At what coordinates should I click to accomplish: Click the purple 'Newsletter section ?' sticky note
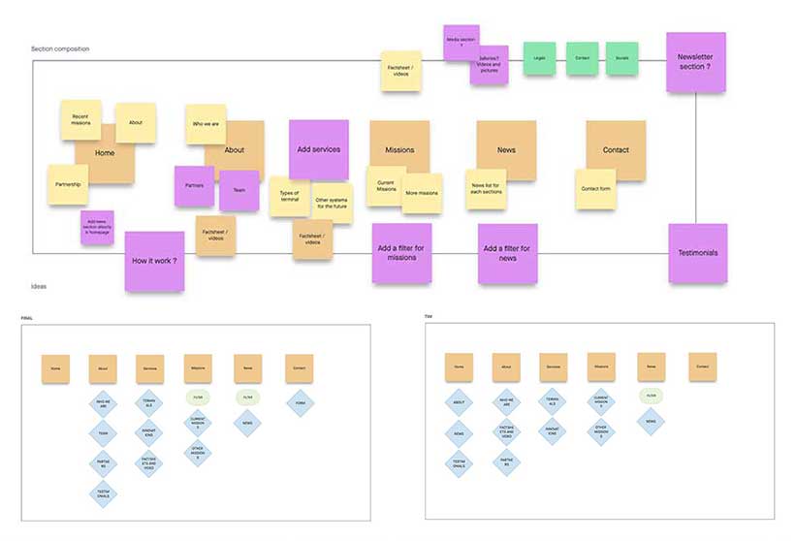695,63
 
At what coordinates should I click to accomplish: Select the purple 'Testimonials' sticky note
697,253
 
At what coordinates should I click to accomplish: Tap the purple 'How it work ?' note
154,261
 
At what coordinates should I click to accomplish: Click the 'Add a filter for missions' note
401,253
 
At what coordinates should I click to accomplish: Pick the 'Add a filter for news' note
507,253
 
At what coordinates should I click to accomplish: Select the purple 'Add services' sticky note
318,149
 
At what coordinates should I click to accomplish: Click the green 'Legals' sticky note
539,58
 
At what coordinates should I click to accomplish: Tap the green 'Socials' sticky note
622,58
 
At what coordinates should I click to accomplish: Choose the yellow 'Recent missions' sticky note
80,119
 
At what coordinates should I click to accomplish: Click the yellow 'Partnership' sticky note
68,184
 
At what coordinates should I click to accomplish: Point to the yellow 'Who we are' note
205,124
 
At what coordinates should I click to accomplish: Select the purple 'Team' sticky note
239,191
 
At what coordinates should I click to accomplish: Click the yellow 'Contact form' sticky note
594,188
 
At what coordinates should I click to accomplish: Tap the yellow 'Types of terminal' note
289,196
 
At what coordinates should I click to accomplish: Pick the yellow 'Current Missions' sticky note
385,186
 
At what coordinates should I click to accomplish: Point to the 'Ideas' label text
38,287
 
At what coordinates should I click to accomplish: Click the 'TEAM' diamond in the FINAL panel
104,432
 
